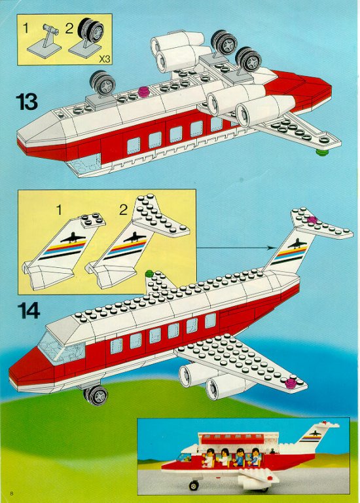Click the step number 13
pos(27,102)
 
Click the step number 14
pos(29,310)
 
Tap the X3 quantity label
pos(104,59)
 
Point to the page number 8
pos(12,493)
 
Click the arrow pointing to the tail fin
pos(236,248)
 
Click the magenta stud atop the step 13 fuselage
pos(143,92)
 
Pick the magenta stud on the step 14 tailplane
pos(312,220)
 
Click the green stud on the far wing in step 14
pos(149,274)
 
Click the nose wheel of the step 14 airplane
pos(96,395)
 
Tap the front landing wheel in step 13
pos(103,83)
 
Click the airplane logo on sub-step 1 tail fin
pos(73,238)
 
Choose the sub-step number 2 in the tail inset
pos(123,210)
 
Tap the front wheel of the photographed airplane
pos(193,485)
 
